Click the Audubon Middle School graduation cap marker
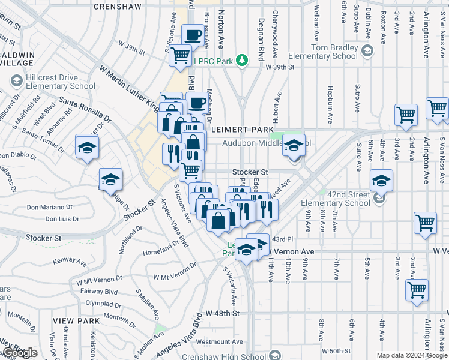[294, 145]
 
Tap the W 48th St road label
[222, 313]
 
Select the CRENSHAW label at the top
[118, 7]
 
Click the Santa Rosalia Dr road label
[84, 110]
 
